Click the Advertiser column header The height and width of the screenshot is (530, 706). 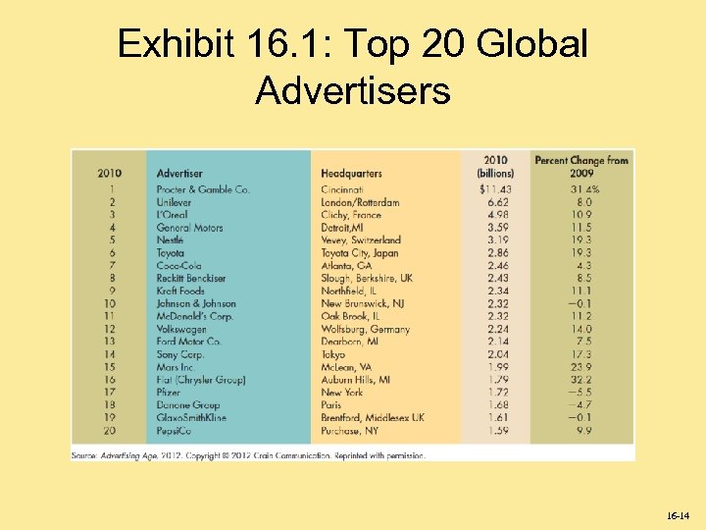click(179, 174)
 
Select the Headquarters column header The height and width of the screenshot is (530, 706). click(351, 174)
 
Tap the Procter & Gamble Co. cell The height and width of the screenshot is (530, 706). click(203, 189)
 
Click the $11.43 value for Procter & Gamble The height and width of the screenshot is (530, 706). click(495, 189)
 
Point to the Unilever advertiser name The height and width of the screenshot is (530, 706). click(174, 202)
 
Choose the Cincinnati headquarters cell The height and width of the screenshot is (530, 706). click(342, 189)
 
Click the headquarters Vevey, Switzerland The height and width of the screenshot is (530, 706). click(361, 240)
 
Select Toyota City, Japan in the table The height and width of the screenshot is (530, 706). click(361, 253)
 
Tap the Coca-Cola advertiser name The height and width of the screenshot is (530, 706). click(177, 266)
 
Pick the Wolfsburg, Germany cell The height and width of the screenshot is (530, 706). click(366, 330)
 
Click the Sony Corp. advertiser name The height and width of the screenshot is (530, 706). click(180, 354)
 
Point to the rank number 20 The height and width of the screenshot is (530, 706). click(109, 431)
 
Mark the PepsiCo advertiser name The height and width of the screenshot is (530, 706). click(174, 431)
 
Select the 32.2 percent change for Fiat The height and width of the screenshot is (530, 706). click(581, 380)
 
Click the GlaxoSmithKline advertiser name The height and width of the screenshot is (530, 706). click(191, 418)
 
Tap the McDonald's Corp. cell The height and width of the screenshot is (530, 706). click(194, 317)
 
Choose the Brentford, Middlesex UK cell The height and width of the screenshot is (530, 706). click(373, 418)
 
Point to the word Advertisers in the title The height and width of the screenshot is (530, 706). click(353, 90)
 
